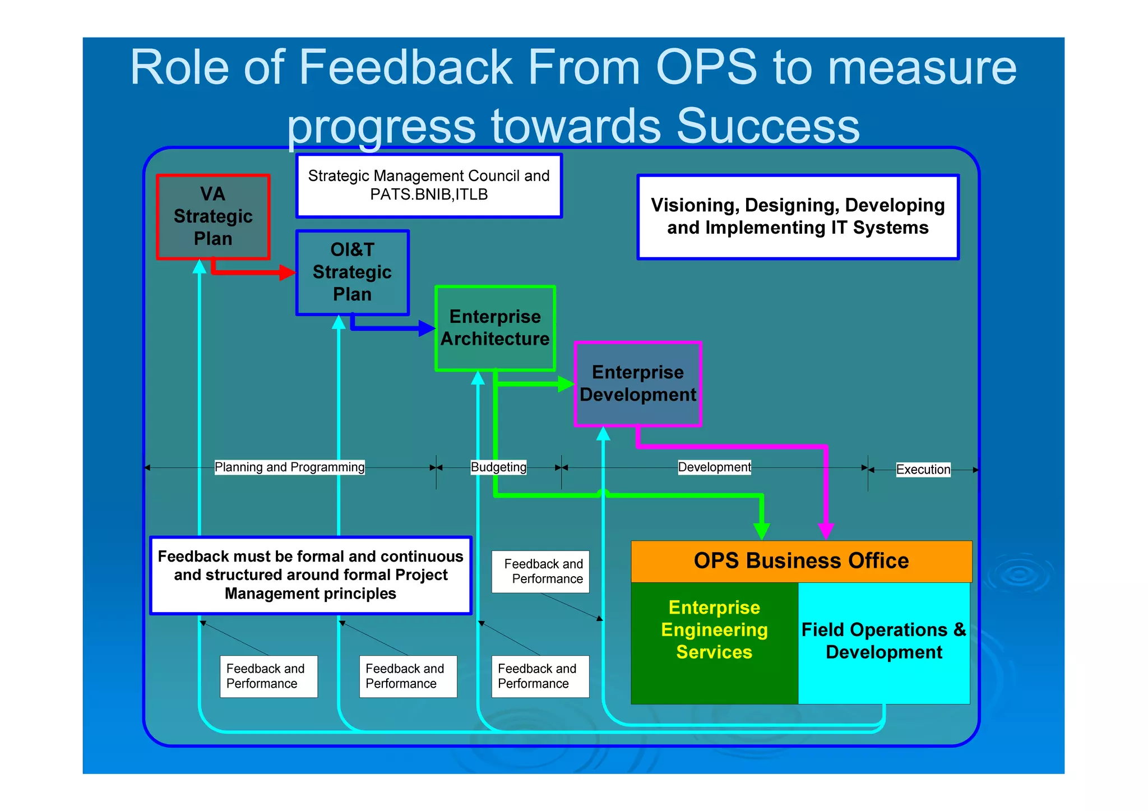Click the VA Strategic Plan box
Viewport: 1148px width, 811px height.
coord(213,217)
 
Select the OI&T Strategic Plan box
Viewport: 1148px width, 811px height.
coord(352,272)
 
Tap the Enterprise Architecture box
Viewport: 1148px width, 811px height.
coord(495,328)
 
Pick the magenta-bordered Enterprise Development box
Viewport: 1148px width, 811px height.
coord(638,384)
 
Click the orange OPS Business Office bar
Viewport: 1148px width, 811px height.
coord(801,561)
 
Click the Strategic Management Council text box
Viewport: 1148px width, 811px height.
coord(429,186)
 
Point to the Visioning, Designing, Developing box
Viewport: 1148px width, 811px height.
coord(798,217)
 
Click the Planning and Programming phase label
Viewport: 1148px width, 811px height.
coord(289,467)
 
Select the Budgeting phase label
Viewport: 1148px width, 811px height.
coord(498,467)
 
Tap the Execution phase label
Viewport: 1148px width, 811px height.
coord(923,470)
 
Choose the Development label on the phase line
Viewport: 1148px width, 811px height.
coord(714,467)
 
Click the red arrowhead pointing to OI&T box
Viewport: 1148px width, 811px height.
coord(288,273)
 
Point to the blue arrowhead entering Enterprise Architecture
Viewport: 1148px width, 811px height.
coord(427,328)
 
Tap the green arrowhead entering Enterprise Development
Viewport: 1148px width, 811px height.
coord(566,384)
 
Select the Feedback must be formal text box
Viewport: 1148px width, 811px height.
coord(311,575)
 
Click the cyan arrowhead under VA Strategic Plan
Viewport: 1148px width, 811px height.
coord(200,266)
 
